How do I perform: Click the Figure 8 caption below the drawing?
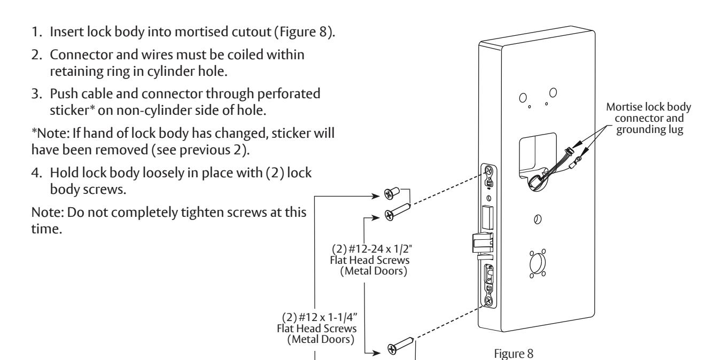coord(514,354)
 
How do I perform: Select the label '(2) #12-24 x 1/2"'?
coord(372,248)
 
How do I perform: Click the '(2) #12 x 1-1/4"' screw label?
coord(320,317)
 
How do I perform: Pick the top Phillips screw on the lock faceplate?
coord(489,170)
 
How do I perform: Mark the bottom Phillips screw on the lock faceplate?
coord(489,301)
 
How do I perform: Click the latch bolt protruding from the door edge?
coord(482,243)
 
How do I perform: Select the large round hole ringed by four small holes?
coord(538,264)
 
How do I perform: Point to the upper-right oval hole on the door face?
coord(553,93)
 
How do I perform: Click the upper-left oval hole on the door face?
coord(523,98)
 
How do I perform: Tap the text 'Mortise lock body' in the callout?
coord(648,107)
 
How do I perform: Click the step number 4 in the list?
coord(37,173)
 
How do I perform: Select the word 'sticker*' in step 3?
coord(73,110)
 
